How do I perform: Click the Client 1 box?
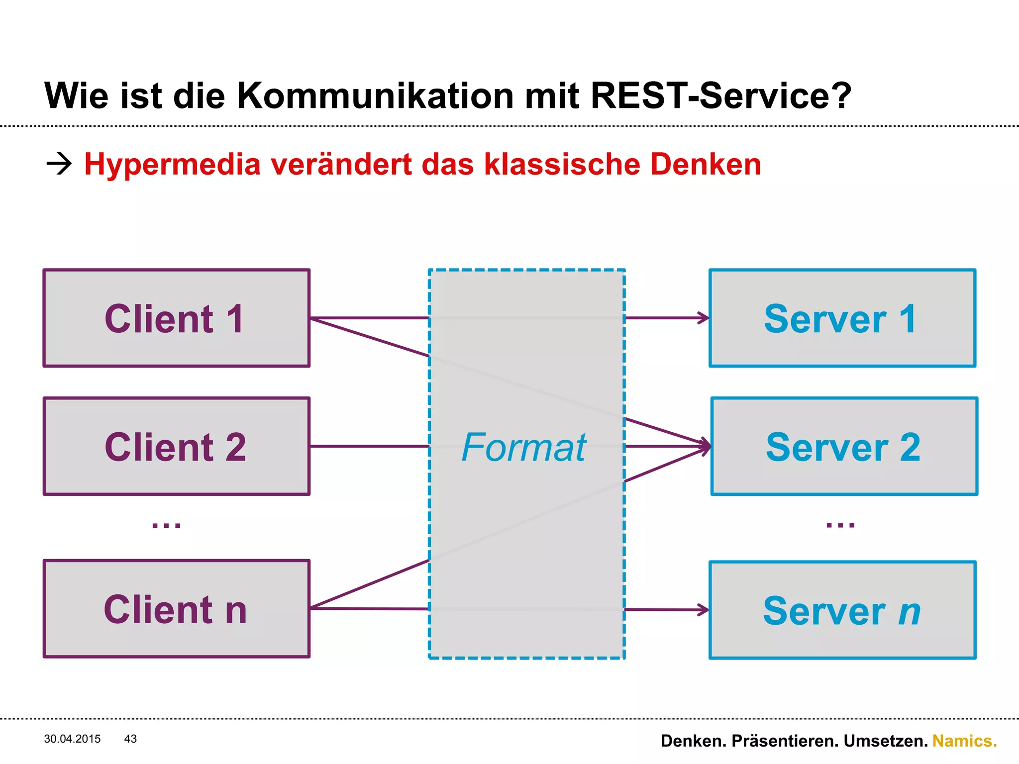coord(177,318)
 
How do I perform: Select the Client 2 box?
coord(177,446)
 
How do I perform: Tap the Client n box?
coord(177,609)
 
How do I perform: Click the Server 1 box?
coord(842,318)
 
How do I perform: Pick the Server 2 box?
coord(844,446)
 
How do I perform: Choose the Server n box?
coord(842,610)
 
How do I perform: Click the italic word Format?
coord(524,447)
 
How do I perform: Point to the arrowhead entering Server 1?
coord(704,318)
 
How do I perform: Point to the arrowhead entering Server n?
coord(704,610)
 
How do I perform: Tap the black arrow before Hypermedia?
coord(59,164)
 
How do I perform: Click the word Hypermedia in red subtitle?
coord(172,165)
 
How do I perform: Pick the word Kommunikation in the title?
coord(375,95)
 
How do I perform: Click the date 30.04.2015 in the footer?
coord(72,739)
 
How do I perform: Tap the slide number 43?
coord(130,739)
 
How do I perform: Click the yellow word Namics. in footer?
coord(964,741)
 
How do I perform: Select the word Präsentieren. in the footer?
coord(787,741)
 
